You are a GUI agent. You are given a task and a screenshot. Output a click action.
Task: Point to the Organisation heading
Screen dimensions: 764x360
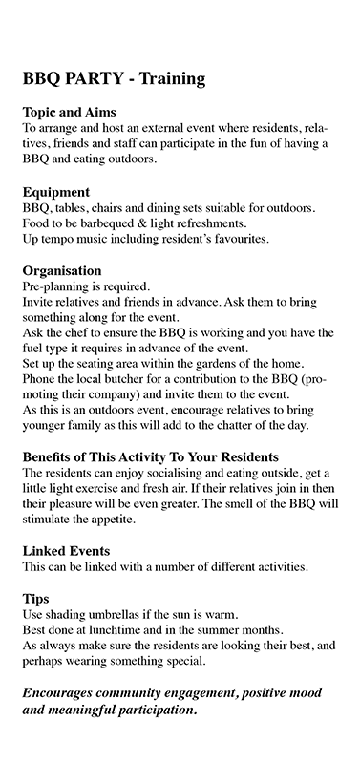[x=61, y=270]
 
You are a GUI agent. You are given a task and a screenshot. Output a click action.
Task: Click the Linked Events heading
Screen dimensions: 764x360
[x=66, y=551]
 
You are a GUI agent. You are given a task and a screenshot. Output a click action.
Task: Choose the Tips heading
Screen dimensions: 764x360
[x=35, y=598]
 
